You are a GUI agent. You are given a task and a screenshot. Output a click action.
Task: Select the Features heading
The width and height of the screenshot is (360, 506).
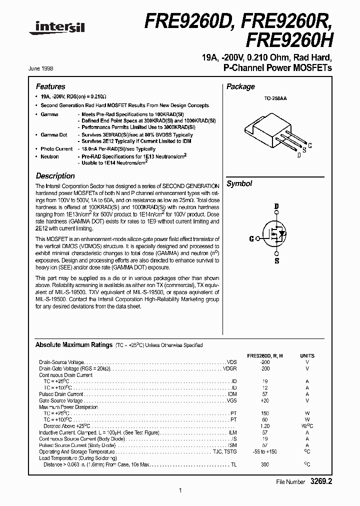[50, 86]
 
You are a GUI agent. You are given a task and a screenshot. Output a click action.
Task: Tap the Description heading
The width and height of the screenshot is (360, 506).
[55, 176]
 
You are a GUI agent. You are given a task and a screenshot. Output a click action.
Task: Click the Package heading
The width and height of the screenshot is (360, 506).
[240, 86]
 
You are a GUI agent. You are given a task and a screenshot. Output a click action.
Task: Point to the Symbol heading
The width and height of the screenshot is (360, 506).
[239, 183]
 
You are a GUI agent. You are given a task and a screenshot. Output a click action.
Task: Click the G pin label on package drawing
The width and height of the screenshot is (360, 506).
[310, 145]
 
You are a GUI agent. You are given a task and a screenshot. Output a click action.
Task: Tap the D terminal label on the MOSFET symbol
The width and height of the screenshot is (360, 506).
[276, 206]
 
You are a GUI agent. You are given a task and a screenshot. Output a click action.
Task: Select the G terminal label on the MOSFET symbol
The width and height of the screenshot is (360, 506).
[251, 238]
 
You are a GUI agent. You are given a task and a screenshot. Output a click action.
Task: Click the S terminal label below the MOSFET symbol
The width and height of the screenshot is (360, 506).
[276, 260]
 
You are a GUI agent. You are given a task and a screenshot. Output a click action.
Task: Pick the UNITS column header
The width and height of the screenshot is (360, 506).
[307, 355]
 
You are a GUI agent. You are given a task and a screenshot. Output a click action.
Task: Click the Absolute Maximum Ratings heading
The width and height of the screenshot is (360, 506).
[73, 345]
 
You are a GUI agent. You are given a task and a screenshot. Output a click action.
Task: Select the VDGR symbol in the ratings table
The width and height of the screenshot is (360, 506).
[229, 368]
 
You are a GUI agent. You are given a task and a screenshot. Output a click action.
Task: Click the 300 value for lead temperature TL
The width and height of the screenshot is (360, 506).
[264, 464]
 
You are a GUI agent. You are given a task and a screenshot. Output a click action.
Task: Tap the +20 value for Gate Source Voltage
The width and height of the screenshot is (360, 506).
[264, 400]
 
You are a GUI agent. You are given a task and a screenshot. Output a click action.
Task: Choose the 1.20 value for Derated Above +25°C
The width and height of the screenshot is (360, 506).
[264, 426]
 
